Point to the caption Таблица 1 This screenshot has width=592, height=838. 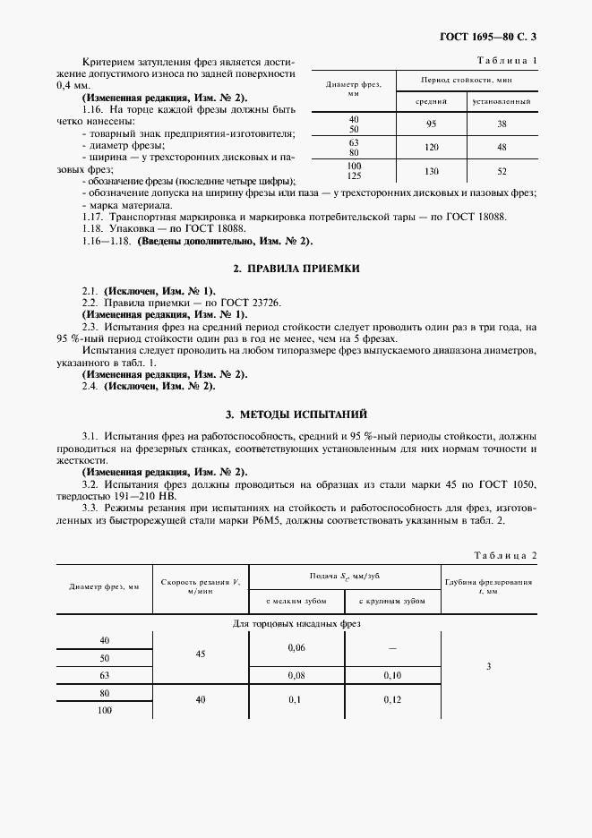coord(508,60)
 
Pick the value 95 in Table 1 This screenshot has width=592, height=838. coord(431,124)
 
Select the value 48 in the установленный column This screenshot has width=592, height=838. coord(502,147)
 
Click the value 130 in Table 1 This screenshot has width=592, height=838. coord(431,170)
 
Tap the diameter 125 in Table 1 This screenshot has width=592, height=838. coord(354,176)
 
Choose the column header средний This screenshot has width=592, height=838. coord(431,101)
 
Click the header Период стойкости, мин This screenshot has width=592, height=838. coord(466,81)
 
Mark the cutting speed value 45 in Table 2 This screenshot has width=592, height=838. coord(200,654)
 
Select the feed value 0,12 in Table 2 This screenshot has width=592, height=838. coord(392,698)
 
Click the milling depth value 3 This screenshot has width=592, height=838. coord(488,665)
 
